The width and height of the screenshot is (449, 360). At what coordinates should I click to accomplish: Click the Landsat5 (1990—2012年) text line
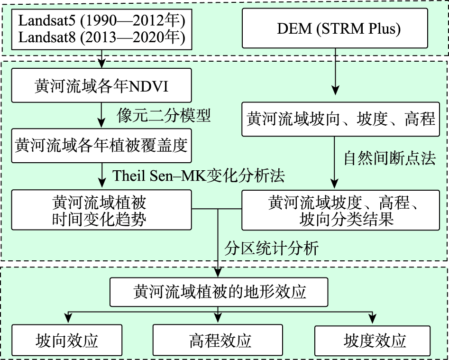pyautogui.click(x=101, y=21)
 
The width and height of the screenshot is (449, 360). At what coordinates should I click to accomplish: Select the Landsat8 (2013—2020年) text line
pyautogui.click(x=101, y=37)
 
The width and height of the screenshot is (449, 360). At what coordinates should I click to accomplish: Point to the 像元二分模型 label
pyautogui.click(x=164, y=116)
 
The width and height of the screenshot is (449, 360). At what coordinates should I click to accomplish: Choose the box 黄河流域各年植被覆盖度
pyautogui.click(x=101, y=146)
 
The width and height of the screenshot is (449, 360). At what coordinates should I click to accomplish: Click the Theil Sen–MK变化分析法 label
pyautogui.click(x=199, y=175)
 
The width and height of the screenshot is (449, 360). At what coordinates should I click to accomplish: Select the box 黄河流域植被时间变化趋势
pyautogui.click(x=101, y=211)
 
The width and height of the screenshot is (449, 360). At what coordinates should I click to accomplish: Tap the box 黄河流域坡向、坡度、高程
pyautogui.click(x=341, y=118)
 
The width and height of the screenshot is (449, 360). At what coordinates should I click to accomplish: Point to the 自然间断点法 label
pyautogui.click(x=389, y=157)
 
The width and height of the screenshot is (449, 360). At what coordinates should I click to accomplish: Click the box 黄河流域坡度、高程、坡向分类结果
pyautogui.click(x=341, y=211)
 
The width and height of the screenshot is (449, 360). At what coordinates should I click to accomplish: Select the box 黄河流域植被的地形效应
pyautogui.click(x=219, y=291)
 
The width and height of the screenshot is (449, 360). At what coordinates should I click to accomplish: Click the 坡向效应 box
pyautogui.click(x=67, y=341)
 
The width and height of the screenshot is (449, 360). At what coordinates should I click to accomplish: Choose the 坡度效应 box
pyautogui.click(x=374, y=341)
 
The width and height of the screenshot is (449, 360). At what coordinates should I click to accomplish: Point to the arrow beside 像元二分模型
pyautogui.click(x=102, y=116)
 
